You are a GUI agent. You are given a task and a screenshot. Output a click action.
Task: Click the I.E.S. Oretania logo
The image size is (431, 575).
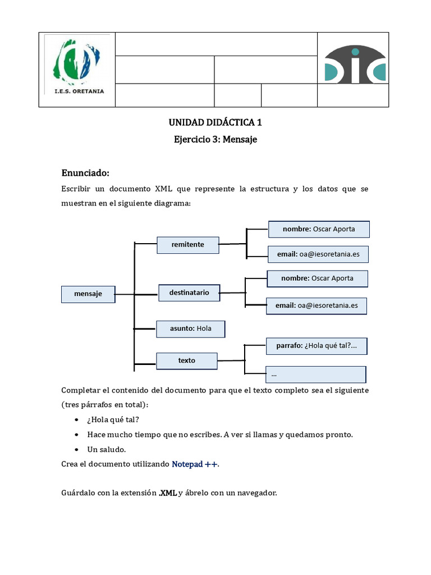point(77,67)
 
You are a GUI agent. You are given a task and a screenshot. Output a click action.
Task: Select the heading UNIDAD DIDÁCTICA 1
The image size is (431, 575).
point(215,122)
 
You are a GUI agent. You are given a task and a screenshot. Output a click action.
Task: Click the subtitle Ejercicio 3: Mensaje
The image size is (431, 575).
point(215,139)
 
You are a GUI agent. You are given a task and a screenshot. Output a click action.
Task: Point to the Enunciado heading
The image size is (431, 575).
point(85,172)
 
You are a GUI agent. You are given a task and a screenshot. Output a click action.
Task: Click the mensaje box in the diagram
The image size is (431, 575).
point(88,294)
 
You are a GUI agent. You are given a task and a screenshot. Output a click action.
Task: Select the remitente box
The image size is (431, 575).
point(188,245)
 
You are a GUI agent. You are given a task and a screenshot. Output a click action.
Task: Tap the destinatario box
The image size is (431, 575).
point(189,293)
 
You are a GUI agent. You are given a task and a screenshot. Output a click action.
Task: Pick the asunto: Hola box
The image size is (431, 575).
point(191,328)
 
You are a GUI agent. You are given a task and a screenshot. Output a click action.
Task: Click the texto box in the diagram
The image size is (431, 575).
point(187,360)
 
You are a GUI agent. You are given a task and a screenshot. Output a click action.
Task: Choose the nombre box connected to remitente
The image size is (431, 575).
point(319,229)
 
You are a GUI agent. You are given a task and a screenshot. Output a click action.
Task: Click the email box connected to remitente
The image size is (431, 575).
point(318,254)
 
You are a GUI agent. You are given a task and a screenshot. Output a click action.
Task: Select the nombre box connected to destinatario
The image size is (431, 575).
point(317,279)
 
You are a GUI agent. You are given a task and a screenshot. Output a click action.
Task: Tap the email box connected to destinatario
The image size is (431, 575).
point(317,305)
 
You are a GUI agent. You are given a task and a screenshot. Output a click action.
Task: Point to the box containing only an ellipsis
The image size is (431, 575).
point(315,374)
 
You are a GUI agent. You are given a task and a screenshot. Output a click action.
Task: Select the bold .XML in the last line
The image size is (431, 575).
point(167,493)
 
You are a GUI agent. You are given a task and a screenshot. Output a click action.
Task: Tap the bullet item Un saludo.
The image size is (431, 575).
point(107,449)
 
